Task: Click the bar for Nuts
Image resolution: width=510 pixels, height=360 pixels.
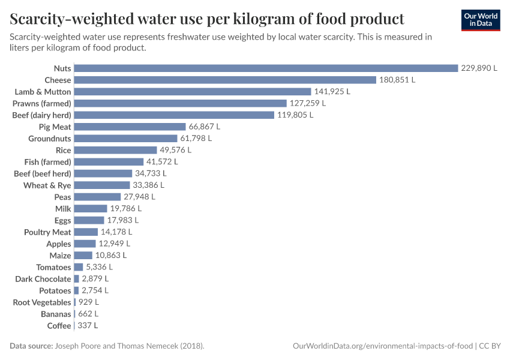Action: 266,68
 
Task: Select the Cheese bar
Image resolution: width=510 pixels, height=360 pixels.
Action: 225,80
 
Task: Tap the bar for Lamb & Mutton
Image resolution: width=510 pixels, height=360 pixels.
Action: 193,92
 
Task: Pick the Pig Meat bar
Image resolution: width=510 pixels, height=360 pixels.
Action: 130,127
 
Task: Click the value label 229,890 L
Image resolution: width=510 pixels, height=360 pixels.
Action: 479,68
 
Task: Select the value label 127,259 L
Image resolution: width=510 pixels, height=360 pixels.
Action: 307,103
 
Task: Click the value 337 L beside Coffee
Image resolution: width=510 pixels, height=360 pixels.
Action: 88,326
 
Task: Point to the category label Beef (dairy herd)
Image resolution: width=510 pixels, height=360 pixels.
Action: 41,115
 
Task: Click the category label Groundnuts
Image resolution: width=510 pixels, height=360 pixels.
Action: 49,139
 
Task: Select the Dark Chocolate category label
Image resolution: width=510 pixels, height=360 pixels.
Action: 43,279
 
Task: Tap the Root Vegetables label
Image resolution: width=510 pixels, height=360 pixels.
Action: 42,302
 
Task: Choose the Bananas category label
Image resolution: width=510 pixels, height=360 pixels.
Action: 56,314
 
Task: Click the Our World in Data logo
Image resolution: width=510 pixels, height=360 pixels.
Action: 481,20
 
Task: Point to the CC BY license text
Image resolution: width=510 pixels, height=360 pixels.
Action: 490,346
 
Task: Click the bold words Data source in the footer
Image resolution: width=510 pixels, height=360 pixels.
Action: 31,346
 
